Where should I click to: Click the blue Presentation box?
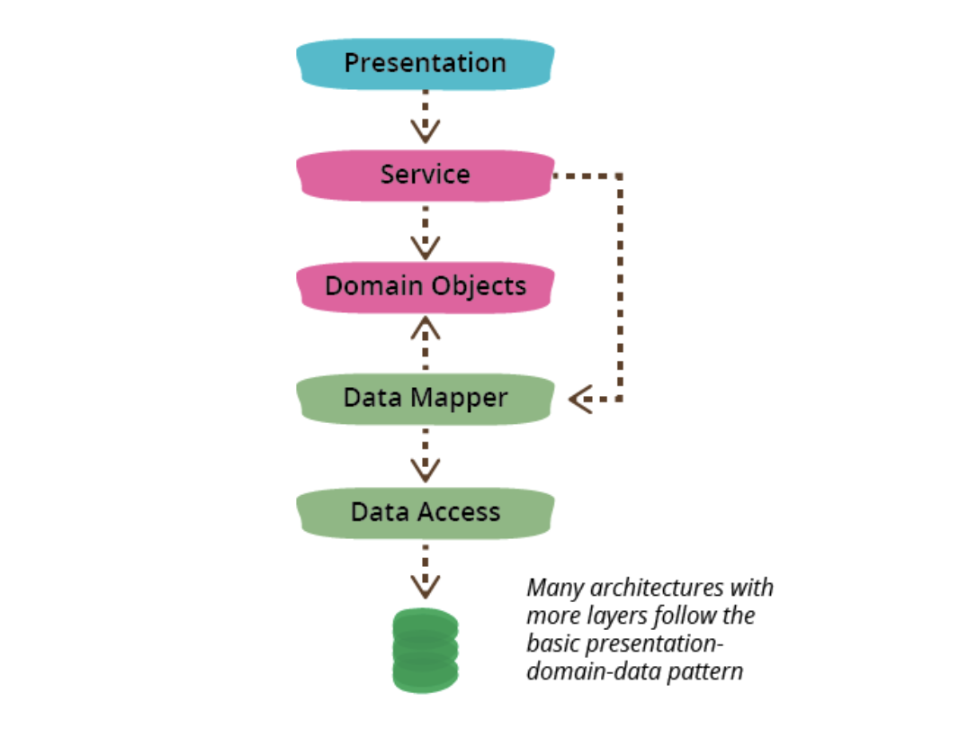point(425,64)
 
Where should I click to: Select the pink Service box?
point(425,175)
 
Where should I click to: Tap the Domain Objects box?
point(425,287)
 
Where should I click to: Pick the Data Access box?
point(425,513)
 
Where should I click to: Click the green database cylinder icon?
point(426,650)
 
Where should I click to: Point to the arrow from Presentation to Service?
point(425,118)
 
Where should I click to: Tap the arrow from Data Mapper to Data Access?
point(425,455)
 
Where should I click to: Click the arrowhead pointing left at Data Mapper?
point(579,399)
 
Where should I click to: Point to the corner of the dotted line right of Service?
point(620,175)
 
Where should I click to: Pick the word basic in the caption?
point(550,644)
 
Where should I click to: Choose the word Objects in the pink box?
point(478,287)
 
